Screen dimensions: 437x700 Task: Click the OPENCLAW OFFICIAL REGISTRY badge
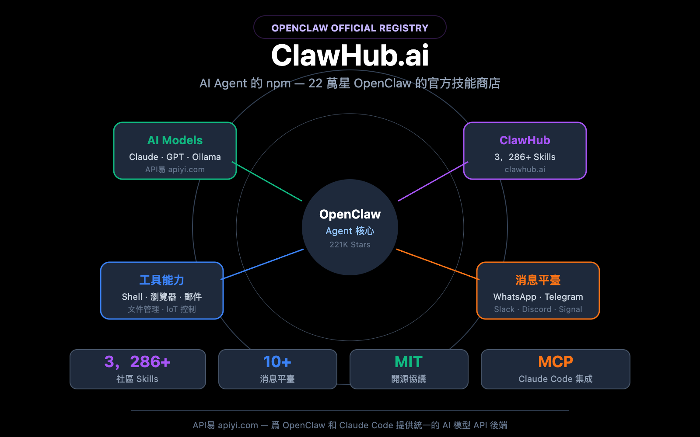click(350, 28)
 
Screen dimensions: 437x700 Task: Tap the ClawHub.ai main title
click(350, 55)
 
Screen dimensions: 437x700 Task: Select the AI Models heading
click(175, 140)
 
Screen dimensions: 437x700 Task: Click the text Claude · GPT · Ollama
click(175, 157)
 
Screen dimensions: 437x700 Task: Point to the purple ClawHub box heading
click(525, 140)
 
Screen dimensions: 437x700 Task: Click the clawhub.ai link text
click(525, 170)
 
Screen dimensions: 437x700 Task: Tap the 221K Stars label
click(350, 245)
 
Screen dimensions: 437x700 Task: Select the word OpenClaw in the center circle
click(350, 214)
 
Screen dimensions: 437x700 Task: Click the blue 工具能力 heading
click(162, 280)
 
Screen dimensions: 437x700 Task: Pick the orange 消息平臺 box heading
click(538, 280)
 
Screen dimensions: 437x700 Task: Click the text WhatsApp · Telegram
click(538, 297)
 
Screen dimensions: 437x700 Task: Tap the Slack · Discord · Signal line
click(538, 309)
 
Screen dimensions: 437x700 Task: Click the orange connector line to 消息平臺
click(437, 264)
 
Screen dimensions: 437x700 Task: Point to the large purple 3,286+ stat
click(137, 362)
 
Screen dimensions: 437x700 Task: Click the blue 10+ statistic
click(277, 362)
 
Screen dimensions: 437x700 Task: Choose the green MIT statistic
click(409, 362)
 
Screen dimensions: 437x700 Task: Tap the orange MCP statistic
click(555, 362)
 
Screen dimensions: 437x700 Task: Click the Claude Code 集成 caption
click(555, 379)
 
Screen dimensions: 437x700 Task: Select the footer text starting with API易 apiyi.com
click(350, 425)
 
